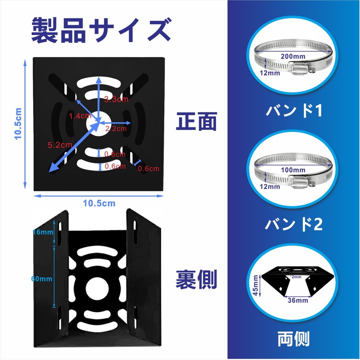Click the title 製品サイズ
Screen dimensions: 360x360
tap(100, 29)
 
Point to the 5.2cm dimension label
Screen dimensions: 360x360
tap(60, 145)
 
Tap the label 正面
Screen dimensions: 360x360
tap(197, 121)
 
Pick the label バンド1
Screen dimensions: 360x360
tap(293, 111)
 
